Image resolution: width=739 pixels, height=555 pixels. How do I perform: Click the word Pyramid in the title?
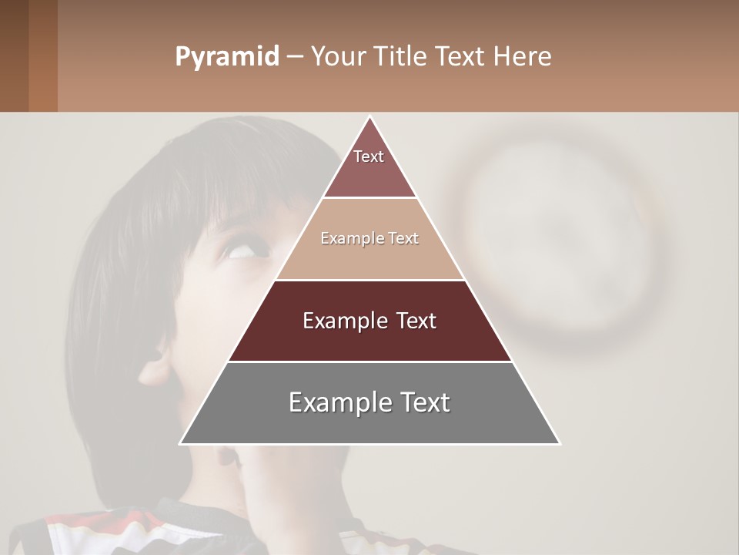pyautogui.click(x=227, y=57)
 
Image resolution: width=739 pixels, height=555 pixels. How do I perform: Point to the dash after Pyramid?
pyautogui.click(x=295, y=57)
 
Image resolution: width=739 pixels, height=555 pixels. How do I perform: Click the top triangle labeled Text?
pyautogui.click(x=369, y=166)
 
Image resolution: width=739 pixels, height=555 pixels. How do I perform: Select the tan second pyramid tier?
pyautogui.click(x=369, y=254)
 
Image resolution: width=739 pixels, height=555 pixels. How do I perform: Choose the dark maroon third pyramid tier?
pyautogui.click(x=369, y=339)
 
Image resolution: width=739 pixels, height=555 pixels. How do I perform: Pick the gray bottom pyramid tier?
pyautogui.click(x=369, y=420)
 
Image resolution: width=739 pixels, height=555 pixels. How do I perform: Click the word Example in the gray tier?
pyautogui.click(x=336, y=402)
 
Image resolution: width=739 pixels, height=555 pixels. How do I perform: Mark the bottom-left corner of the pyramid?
pyautogui.click(x=181, y=443)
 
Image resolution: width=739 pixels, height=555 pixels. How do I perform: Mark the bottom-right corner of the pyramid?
pyautogui.click(x=560, y=443)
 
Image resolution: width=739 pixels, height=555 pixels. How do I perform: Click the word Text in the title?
pyautogui.click(x=461, y=57)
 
